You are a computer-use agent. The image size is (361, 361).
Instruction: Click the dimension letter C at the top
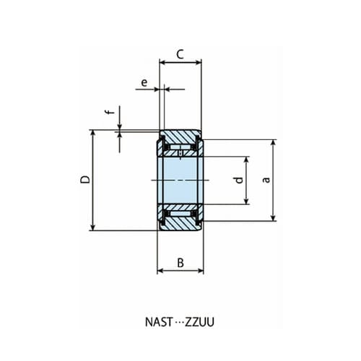(180, 53)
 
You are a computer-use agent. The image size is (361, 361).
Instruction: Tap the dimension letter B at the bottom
(180, 262)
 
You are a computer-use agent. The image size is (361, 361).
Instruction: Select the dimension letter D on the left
(84, 180)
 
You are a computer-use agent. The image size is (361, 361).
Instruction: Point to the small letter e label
(144, 83)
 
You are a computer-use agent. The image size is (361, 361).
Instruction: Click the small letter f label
(108, 113)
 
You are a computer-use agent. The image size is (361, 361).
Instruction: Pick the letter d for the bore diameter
(238, 180)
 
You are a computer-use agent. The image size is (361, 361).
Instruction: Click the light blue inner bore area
(180, 180)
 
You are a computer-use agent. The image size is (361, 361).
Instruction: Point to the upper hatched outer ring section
(180, 136)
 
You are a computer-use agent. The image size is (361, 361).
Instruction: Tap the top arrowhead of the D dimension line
(93, 134)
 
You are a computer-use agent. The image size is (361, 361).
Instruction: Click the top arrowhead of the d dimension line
(248, 158)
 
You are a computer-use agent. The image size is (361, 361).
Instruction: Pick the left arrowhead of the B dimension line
(161, 271)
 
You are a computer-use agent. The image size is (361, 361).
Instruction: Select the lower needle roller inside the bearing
(180, 214)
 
